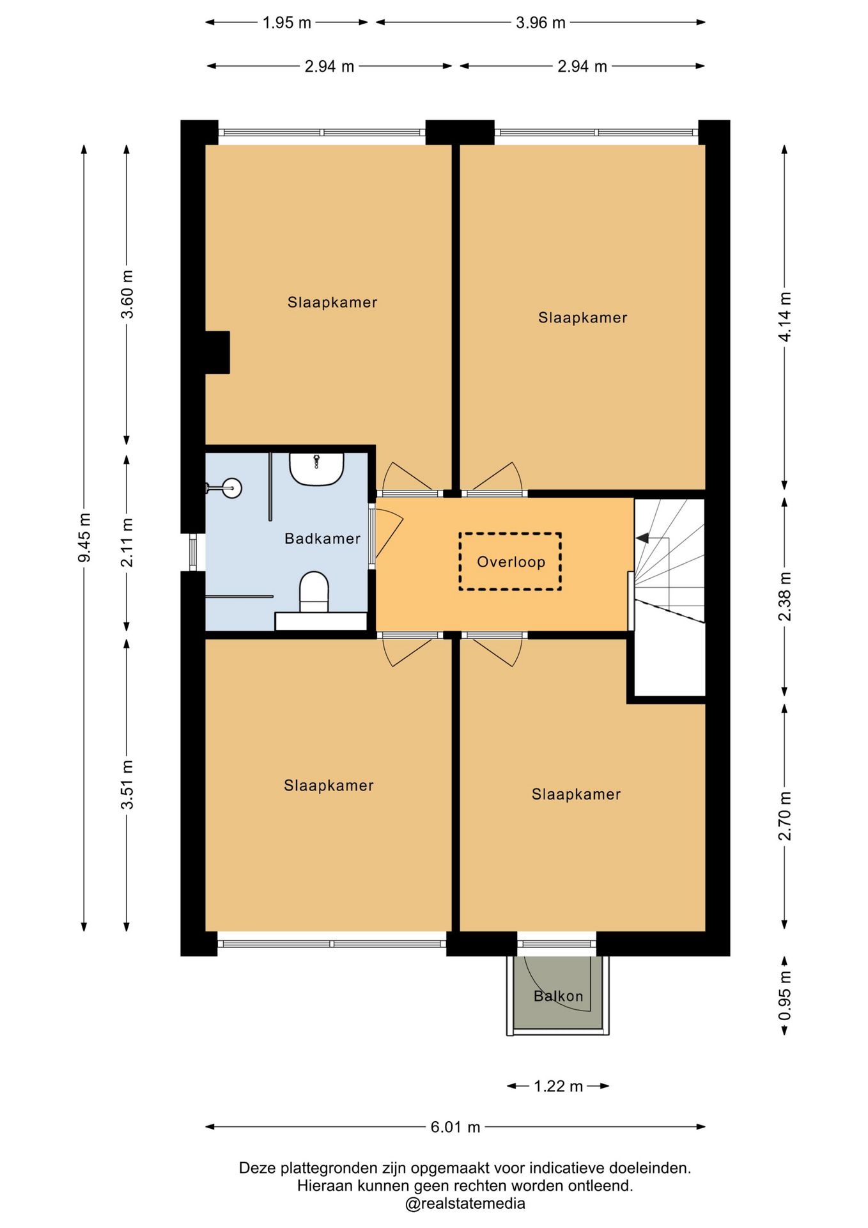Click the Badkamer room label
click(x=322, y=539)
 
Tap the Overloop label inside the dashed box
click(x=511, y=562)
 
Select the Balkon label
click(x=558, y=996)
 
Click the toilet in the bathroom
click(x=314, y=592)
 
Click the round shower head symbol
click(x=232, y=488)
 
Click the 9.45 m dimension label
click(x=84, y=537)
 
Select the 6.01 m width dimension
click(x=455, y=1126)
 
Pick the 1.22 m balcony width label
click(x=558, y=1085)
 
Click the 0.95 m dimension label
click(x=785, y=996)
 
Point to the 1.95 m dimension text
click(x=286, y=22)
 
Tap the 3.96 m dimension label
click(x=540, y=22)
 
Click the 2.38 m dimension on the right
click(x=785, y=596)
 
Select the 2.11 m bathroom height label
click(x=127, y=542)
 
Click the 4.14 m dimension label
click(x=785, y=317)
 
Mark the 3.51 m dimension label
click(x=127, y=784)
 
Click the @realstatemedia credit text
click(x=465, y=1203)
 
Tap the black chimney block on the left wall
click(x=217, y=352)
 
